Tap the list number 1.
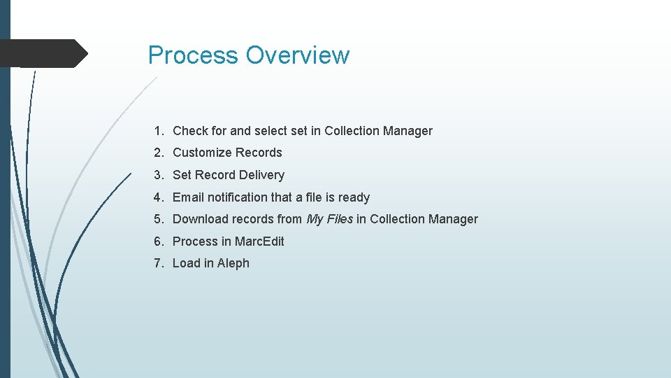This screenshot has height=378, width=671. [x=159, y=131]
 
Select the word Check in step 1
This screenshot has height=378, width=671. [x=189, y=131]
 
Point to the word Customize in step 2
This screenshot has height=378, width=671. [x=202, y=153]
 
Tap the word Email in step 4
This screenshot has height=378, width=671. [x=188, y=197]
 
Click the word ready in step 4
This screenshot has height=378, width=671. [x=354, y=197]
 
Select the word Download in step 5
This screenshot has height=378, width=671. [x=201, y=219]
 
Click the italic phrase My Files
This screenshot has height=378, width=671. [x=330, y=219]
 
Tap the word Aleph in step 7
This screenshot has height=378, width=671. [x=233, y=263]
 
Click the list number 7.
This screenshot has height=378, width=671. [x=159, y=263]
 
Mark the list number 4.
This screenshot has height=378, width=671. [x=159, y=197]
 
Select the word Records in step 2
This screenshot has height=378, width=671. [x=259, y=153]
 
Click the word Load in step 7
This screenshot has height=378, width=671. [x=186, y=263]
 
